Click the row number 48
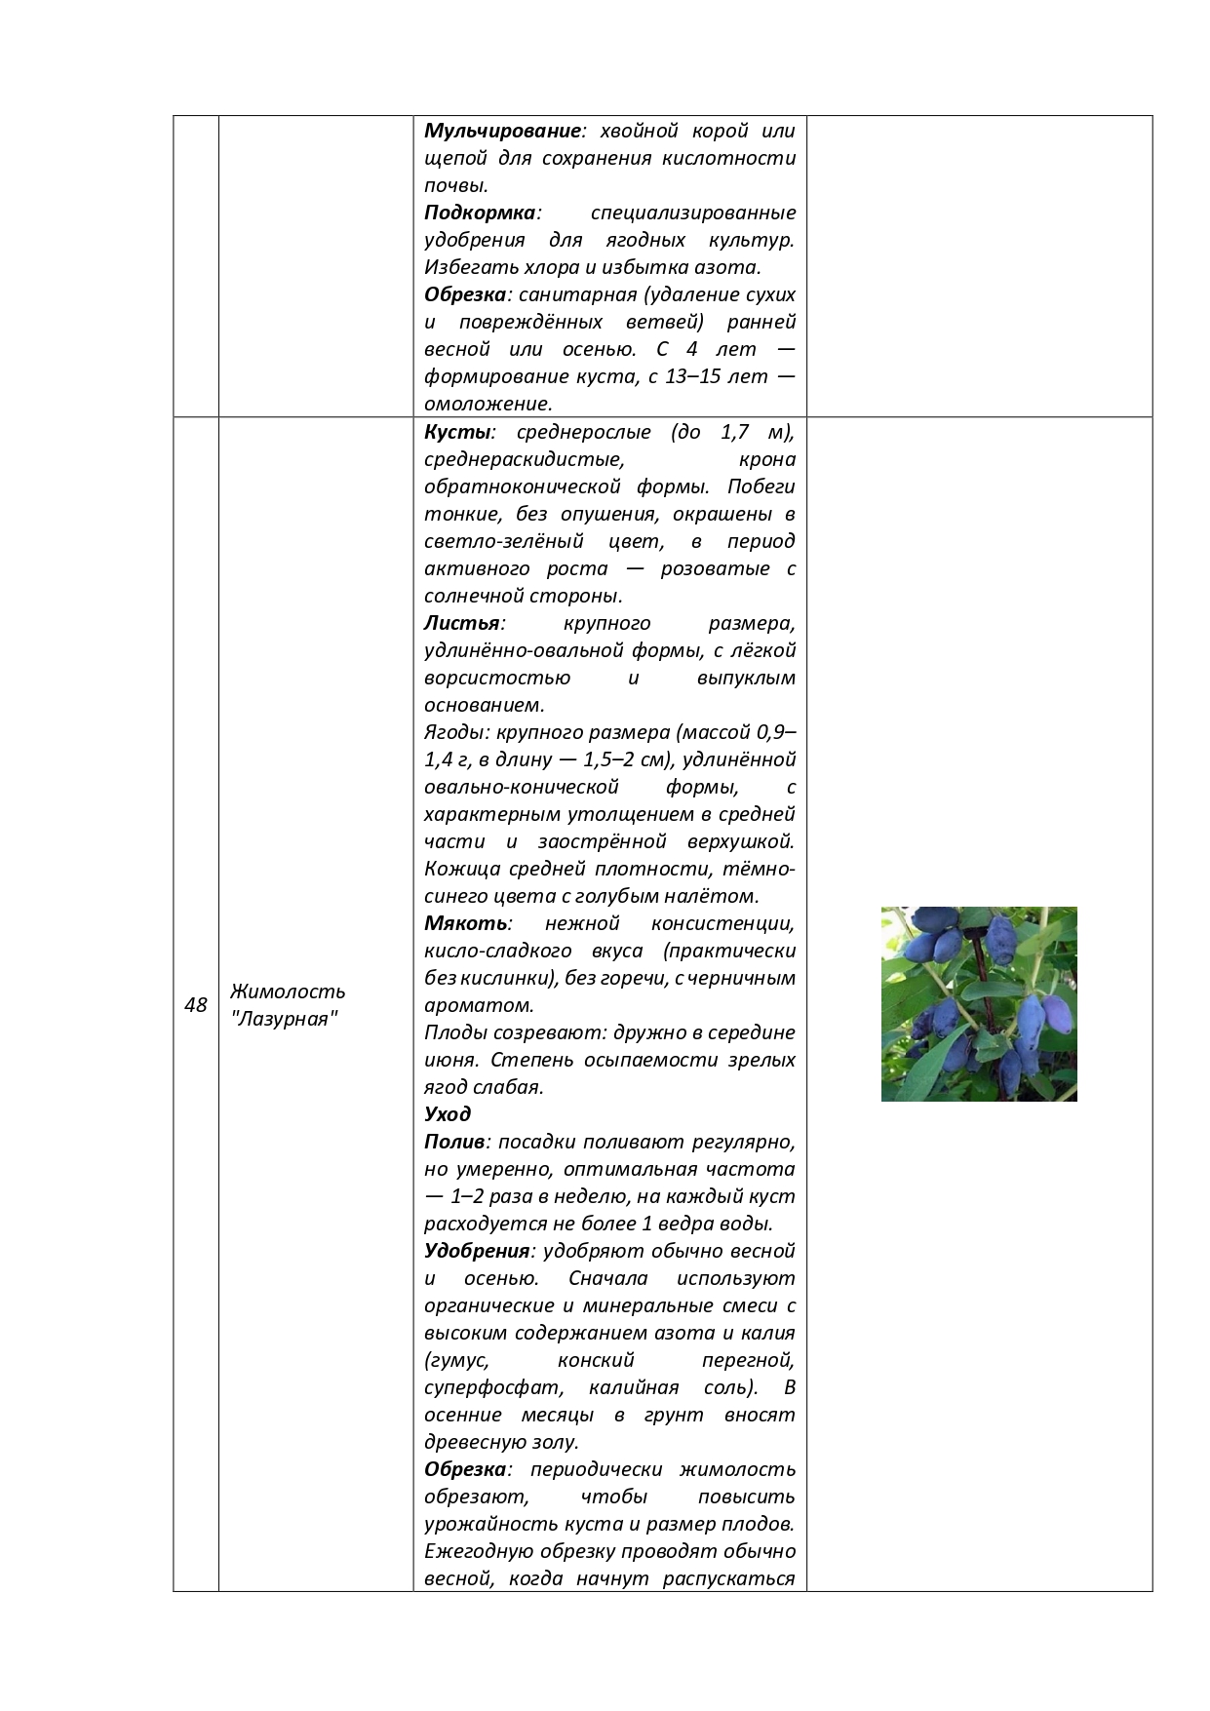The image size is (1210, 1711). click(195, 1005)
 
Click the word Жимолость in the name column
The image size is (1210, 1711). click(288, 992)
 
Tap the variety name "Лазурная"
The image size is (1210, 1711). click(285, 1020)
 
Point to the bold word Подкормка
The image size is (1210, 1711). click(480, 213)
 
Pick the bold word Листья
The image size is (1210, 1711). click(461, 623)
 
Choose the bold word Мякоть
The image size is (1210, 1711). click(465, 923)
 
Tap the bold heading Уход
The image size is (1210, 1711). click(448, 1114)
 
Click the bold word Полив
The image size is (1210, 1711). click(454, 1142)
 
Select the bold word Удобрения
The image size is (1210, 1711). click(477, 1251)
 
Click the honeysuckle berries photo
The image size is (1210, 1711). click(979, 1004)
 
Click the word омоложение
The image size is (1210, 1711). click(487, 404)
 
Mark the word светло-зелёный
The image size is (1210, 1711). click(503, 541)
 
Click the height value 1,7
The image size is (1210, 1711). click(737, 432)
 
